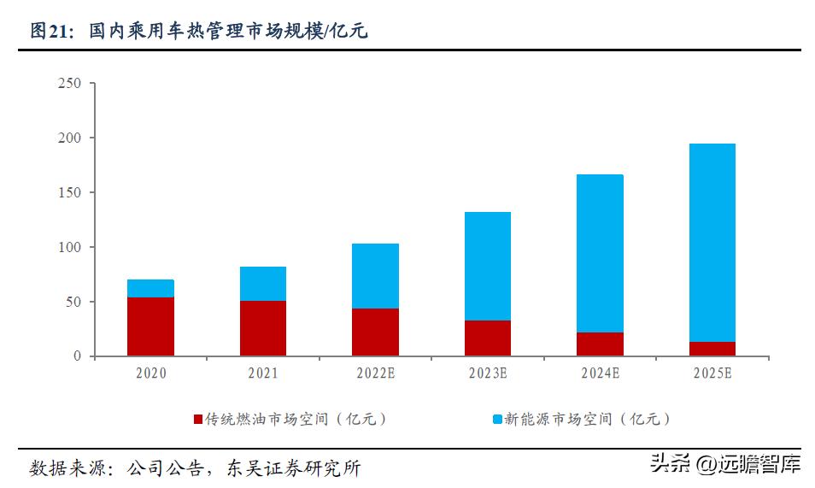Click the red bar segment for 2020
150,326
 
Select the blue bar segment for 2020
150,288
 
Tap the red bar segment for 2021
263,328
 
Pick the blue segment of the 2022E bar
375,275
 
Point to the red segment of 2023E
488,338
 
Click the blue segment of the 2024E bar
600,253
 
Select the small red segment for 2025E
712,349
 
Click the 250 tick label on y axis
69,83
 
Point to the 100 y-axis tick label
69,247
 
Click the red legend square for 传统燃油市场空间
198,420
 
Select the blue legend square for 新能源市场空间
496,420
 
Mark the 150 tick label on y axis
69,192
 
